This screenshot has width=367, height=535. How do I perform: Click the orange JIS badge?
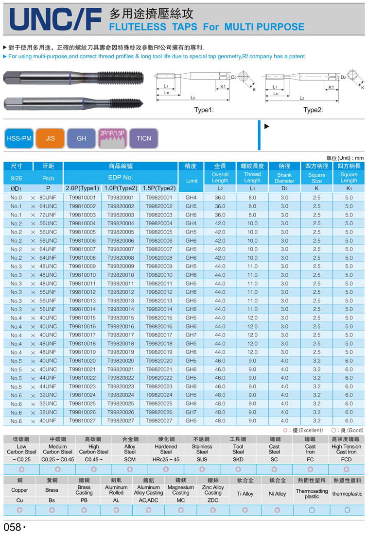[x=51, y=138]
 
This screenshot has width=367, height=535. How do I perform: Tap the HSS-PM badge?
[x=19, y=138]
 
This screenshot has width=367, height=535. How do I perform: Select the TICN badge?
[x=144, y=138]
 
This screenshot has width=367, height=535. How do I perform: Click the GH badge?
[x=82, y=138]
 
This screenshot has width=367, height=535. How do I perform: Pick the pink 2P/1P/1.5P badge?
[x=112, y=138]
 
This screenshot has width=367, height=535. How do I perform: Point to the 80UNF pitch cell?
[x=48, y=198]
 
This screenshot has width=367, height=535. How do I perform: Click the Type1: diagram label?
[x=204, y=110]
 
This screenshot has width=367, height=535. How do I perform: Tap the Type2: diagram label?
[x=314, y=110]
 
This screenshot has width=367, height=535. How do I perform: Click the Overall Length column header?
[x=220, y=177]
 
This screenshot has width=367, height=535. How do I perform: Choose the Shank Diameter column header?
[x=284, y=178]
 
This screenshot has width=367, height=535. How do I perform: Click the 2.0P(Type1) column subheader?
[x=82, y=188]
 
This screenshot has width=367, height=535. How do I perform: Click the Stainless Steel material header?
[x=202, y=449]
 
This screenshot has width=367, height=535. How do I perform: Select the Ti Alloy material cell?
[x=245, y=494]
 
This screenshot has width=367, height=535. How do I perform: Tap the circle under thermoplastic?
[x=347, y=510]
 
